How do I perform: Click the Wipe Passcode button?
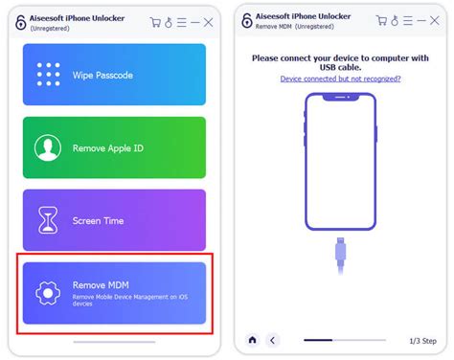114,74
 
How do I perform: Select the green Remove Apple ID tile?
114,147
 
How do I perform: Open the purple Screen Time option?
114,220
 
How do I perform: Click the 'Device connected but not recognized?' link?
340,79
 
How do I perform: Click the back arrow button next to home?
272,339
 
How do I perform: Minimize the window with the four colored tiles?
194,21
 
